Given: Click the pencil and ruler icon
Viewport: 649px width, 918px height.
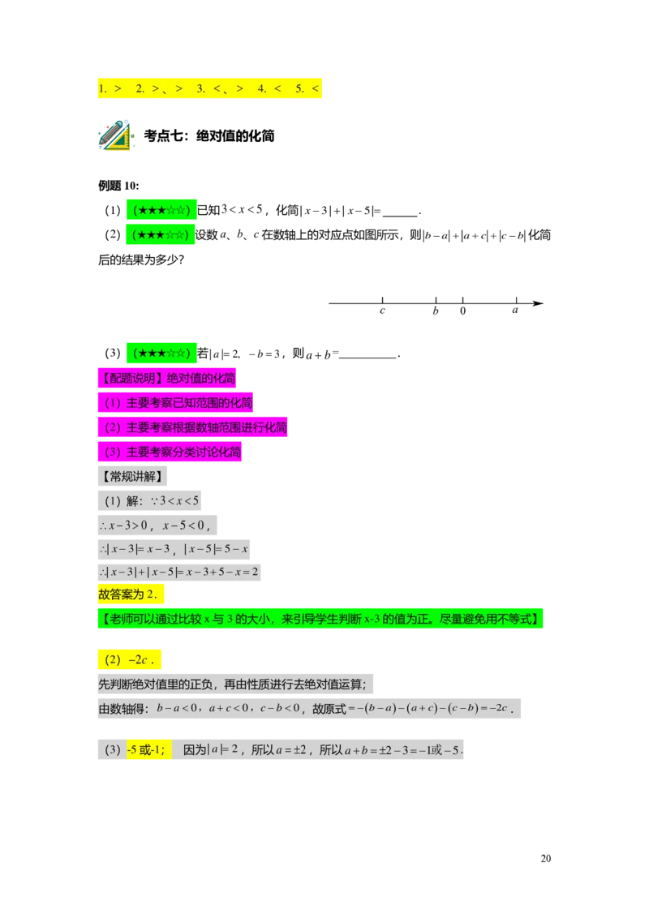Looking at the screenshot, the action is [x=116, y=135].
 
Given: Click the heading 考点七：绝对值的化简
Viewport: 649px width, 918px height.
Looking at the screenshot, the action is [x=209, y=135].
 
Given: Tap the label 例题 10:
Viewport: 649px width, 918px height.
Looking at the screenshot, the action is [x=119, y=186].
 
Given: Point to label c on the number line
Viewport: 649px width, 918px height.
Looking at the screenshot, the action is [x=382, y=311].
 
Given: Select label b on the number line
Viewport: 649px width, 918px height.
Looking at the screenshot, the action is [x=435, y=311].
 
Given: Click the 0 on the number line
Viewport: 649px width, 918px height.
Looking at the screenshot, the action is [x=462, y=311].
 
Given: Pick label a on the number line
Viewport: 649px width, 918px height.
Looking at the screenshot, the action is [x=515, y=310].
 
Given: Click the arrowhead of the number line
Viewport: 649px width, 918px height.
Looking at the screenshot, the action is [x=539, y=303].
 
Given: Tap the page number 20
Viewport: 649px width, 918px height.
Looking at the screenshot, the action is [x=545, y=858].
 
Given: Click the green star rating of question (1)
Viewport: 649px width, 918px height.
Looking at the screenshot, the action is [x=161, y=209].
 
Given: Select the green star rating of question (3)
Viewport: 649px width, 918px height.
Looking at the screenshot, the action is [x=161, y=353].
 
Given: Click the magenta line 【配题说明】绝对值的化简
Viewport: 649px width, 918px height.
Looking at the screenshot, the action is [x=167, y=378].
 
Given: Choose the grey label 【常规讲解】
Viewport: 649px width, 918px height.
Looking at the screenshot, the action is [x=132, y=476].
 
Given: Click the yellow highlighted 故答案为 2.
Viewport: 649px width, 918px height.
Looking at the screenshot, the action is [x=131, y=594].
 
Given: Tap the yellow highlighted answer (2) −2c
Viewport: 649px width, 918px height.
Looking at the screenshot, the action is [x=129, y=660].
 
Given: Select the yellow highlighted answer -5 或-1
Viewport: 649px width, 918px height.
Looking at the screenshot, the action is [x=148, y=750].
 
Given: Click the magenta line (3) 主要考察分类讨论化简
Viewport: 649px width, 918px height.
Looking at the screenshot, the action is [x=170, y=452].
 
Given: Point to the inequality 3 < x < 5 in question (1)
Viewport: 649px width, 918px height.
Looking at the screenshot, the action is [x=241, y=209].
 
